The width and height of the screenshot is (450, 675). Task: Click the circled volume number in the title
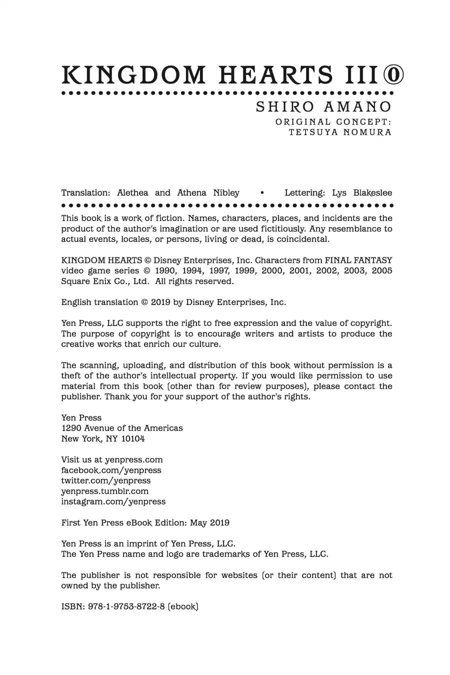click(393, 75)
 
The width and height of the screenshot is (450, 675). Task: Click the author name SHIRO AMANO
click(323, 107)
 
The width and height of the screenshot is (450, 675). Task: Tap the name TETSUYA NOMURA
click(340, 132)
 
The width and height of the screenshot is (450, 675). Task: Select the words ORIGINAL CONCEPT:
click(333, 121)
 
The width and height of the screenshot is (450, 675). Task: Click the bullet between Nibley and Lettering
click(262, 193)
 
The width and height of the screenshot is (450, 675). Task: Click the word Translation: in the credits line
click(85, 193)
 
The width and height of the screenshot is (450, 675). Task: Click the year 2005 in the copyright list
click(381, 270)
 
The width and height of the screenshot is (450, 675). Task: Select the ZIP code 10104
click(133, 438)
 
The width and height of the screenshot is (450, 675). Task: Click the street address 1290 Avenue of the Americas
click(122, 428)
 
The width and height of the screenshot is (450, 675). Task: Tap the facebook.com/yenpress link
click(111, 470)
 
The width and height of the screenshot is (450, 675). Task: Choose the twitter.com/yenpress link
click(105, 480)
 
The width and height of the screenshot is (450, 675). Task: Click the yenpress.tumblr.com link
click(105, 491)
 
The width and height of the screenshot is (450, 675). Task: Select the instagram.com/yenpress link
click(113, 501)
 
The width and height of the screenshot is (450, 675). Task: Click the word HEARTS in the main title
click(275, 75)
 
